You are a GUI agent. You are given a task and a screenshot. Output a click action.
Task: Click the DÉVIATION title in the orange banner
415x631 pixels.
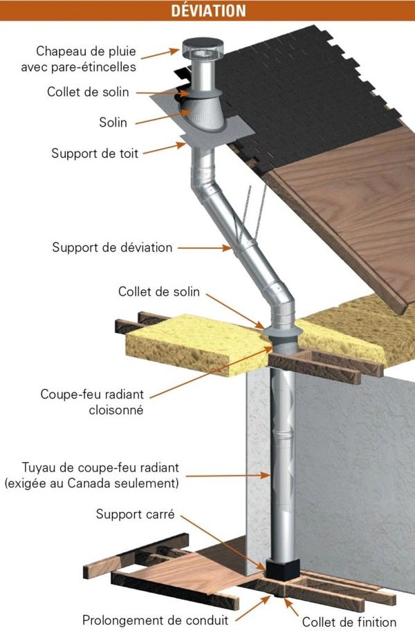(x=208, y=10)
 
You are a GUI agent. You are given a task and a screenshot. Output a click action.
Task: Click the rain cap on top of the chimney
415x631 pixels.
(x=202, y=49)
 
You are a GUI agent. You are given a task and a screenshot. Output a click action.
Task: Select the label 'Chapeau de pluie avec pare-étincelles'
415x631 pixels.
(x=79, y=59)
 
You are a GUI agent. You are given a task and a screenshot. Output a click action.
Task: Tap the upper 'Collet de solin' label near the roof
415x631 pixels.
(x=88, y=92)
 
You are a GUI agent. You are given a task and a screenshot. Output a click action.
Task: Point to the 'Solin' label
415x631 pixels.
(x=113, y=122)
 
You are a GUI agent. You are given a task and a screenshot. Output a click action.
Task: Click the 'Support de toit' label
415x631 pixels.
(x=95, y=154)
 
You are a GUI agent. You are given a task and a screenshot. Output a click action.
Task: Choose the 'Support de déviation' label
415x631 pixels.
(x=112, y=247)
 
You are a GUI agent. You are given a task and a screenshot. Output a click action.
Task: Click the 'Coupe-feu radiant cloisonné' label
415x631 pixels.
(x=93, y=401)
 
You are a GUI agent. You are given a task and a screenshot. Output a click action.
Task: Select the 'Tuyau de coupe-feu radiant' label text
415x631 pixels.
(x=100, y=468)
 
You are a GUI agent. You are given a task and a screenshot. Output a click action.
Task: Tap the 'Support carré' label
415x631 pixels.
(x=136, y=514)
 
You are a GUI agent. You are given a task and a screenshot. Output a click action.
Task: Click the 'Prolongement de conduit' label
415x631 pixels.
(x=155, y=620)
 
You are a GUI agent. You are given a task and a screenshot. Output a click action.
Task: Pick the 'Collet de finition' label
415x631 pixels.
(x=349, y=622)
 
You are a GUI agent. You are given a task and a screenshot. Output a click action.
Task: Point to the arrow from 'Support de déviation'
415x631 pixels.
(x=205, y=248)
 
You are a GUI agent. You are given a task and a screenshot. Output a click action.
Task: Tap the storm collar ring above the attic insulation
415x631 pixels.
(x=282, y=331)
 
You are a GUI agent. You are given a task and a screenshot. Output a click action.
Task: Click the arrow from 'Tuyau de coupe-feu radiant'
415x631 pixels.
(x=228, y=475)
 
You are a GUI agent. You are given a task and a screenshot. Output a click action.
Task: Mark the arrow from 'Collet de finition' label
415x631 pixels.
(x=291, y=607)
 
